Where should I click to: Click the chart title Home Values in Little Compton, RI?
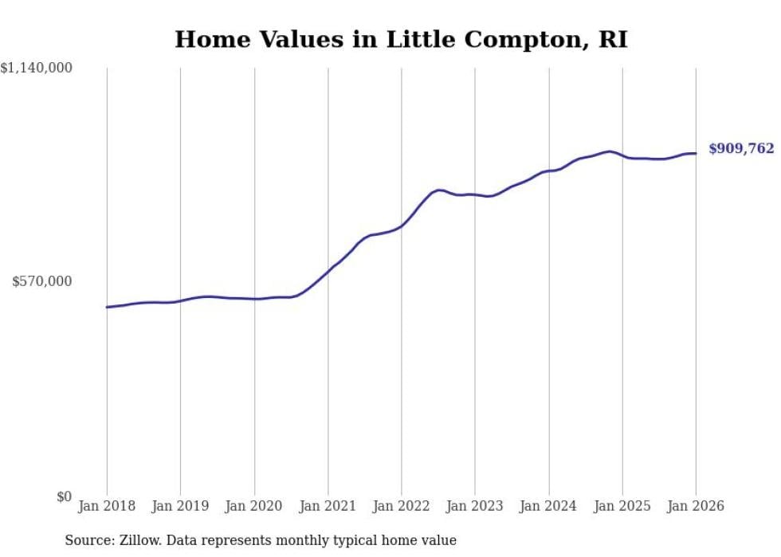pos(401,39)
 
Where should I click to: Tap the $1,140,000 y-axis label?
pos(37,69)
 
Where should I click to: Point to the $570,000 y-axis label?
pos(42,281)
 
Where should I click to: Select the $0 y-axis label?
pos(64,496)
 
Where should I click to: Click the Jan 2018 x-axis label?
pos(107,506)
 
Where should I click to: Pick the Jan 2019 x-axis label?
pos(180,506)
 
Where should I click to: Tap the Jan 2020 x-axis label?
pos(254,506)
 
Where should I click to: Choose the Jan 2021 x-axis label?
pos(328,506)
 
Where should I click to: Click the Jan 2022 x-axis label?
pos(402,506)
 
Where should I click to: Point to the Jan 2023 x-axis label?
pos(475,506)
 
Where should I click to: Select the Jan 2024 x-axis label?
pos(548,506)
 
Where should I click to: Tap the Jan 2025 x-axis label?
pos(622,506)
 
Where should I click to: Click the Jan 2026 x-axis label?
pos(696,506)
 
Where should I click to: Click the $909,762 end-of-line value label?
pos(741,149)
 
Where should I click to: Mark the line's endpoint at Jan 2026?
pos(696,153)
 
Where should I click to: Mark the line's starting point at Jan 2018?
pos(107,307)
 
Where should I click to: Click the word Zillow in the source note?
pos(136,540)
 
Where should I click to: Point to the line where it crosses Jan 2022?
pos(402,226)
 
